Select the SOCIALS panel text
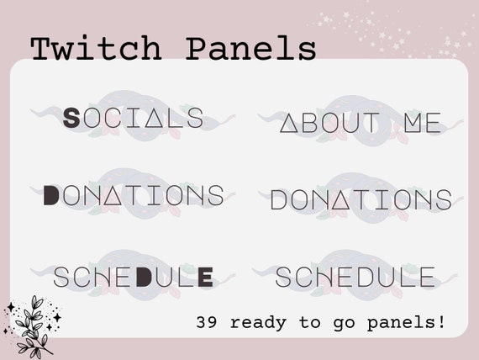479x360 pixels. [x=134, y=119]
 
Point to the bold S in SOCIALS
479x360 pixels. [x=72, y=119]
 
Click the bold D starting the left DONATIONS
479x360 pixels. [x=51, y=195]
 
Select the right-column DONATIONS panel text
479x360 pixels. [x=361, y=200]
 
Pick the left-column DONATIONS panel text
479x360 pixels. [x=134, y=195]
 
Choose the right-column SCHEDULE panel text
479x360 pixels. [x=355, y=277]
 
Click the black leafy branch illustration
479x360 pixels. [x=31, y=325]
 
